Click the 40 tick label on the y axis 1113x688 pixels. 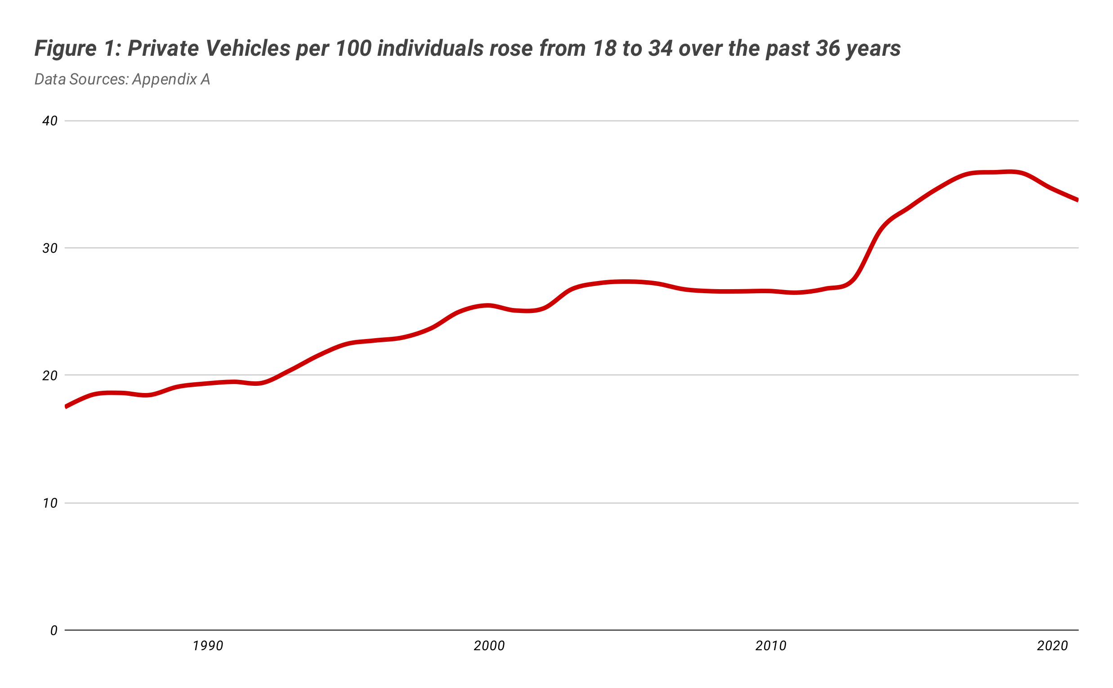[50, 121]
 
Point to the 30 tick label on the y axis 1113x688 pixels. [50, 248]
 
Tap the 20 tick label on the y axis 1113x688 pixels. [50, 376]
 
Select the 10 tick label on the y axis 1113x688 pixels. [50, 503]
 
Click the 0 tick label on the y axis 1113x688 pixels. [54, 630]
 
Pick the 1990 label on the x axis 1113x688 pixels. [208, 646]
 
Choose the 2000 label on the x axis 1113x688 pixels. [490, 646]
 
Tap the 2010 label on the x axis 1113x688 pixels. [771, 646]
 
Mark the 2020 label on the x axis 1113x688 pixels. [1053, 646]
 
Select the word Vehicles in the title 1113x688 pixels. [248, 48]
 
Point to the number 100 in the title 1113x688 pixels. [353, 48]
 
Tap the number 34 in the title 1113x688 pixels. [661, 48]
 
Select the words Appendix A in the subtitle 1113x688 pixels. [171, 79]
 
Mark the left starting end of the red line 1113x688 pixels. [66, 407]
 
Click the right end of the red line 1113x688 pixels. [1078, 200]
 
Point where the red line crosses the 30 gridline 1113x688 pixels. [873, 248]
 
